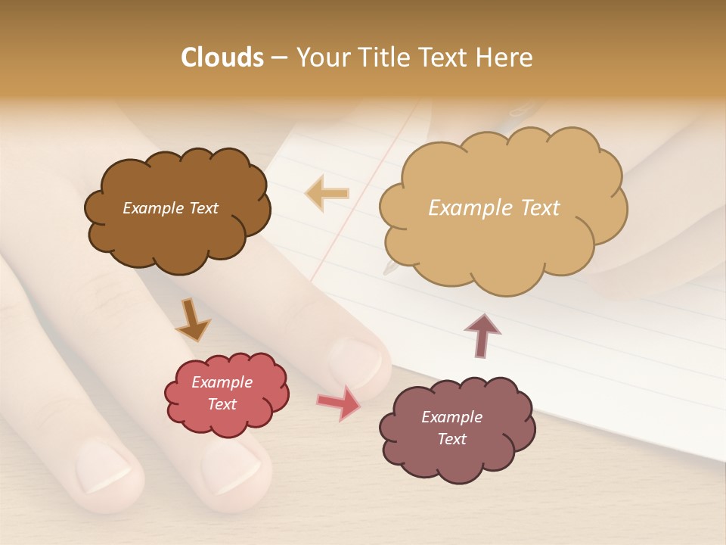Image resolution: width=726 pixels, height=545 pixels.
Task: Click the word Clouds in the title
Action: click(x=222, y=58)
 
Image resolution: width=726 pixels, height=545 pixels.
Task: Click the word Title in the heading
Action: click(x=384, y=58)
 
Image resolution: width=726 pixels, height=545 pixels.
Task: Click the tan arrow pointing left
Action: click(x=327, y=193)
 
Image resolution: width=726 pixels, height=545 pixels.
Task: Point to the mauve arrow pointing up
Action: click(x=482, y=334)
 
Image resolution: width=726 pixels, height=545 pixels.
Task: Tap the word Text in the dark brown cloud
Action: click(x=202, y=208)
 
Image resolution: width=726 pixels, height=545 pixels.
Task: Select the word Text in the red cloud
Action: click(x=222, y=404)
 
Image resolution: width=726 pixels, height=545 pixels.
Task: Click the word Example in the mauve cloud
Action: click(x=451, y=417)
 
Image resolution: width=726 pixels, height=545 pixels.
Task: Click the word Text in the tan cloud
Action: click(x=540, y=208)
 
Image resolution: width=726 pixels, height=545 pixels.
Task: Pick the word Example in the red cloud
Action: click(x=222, y=382)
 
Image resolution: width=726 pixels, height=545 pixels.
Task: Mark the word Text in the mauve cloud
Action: click(x=451, y=439)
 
